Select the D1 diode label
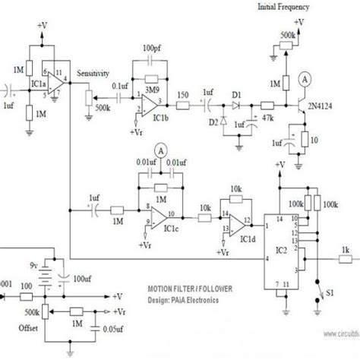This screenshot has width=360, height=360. point(237,94)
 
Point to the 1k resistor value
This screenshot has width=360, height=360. point(346,249)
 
